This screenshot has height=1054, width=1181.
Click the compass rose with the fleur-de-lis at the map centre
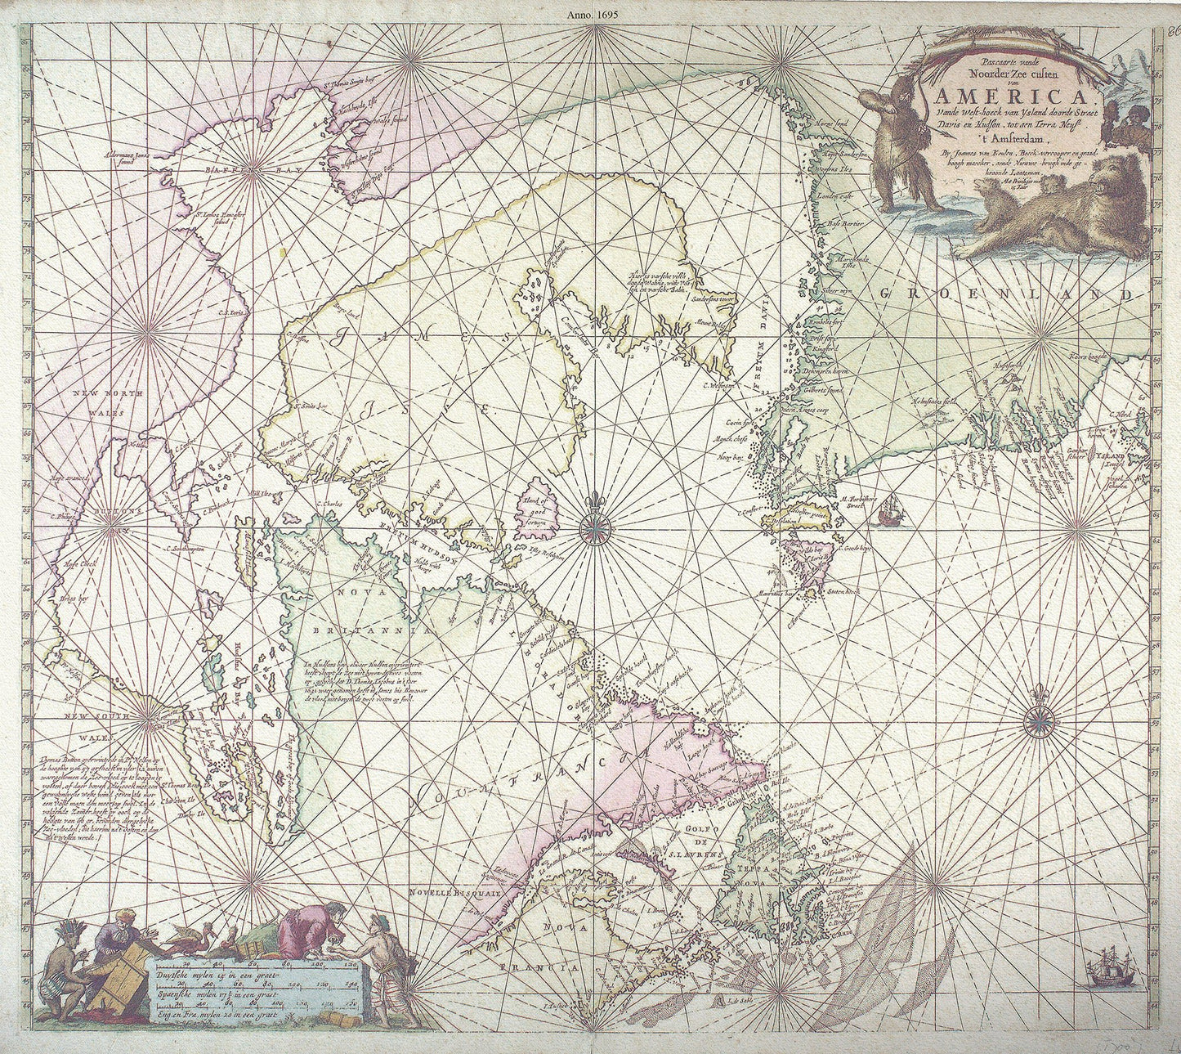coord(596,527)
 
